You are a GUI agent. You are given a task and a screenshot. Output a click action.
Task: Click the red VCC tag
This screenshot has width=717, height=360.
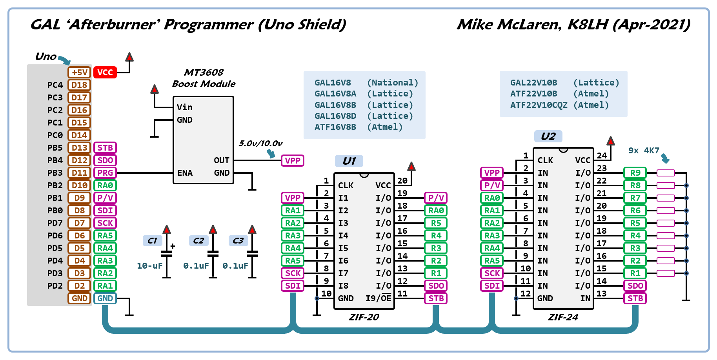pos(105,73)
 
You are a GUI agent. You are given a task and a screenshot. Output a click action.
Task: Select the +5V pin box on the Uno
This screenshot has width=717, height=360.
pos(79,73)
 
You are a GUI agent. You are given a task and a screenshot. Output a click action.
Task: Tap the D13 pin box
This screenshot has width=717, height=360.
pos(79,148)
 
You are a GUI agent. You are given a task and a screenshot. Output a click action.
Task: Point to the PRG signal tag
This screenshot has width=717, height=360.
pos(105,173)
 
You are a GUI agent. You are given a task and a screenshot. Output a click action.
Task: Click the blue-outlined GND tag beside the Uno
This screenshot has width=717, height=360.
pos(105,298)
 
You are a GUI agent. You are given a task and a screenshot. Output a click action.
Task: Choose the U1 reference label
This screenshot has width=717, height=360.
pos(349,161)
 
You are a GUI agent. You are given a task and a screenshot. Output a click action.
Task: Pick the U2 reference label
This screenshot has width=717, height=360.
pos(548,136)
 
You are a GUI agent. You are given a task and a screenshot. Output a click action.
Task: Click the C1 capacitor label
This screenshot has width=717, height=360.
pos(152,240)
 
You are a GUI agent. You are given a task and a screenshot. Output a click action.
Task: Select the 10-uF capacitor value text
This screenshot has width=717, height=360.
pos(149,266)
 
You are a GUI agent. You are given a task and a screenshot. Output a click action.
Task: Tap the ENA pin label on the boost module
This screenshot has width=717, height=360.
pos(185,173)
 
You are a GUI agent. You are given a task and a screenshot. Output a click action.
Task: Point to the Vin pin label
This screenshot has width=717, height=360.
pos(184,107)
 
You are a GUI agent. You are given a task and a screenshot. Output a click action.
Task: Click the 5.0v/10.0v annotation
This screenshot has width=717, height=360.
pos(260,144)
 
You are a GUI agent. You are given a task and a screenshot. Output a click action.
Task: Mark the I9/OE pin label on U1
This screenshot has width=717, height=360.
pos(378,298)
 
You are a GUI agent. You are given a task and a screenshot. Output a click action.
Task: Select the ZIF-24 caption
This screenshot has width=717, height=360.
pos(563,317)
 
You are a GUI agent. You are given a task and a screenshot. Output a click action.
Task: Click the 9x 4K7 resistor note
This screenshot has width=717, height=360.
pos(644,151)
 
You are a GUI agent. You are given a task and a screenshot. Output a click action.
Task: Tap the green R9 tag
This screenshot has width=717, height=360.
pos(635,173)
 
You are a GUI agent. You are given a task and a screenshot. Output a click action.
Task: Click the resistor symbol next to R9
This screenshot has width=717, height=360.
pos(666,173)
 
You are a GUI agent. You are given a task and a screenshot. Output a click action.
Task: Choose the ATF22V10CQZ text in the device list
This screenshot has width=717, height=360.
pos(539,105)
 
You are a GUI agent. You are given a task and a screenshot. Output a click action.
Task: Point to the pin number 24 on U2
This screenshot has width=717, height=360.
pos(602,156)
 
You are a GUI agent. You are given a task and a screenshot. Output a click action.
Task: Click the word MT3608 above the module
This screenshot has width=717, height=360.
pos(204,73)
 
